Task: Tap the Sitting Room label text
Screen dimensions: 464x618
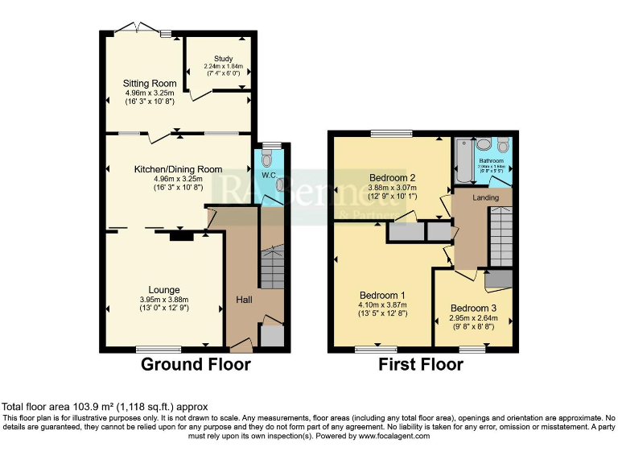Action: tap(150, 83)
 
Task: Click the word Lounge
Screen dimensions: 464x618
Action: tap(163, 290)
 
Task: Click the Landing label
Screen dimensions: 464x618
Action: tap(486, 197)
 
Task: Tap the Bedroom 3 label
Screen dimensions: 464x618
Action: tap(475, 309)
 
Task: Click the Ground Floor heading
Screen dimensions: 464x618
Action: tap(196, 365)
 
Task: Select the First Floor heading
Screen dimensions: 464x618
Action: tap(421, 365)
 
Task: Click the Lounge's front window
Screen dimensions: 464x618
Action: tap(157, 350)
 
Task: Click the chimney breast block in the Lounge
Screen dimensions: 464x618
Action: tap(181, 236)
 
